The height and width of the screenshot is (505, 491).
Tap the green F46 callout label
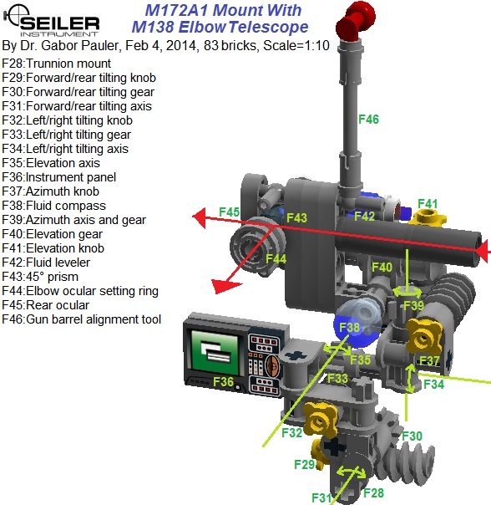(x=368, y=120)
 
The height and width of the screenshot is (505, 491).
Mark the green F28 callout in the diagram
(x=374, y=492)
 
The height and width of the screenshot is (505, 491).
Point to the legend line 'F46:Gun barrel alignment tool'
(x=82, y=319)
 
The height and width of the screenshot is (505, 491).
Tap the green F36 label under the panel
(x=223, y=381)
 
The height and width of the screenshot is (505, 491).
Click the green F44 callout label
(x=276, y=259)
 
